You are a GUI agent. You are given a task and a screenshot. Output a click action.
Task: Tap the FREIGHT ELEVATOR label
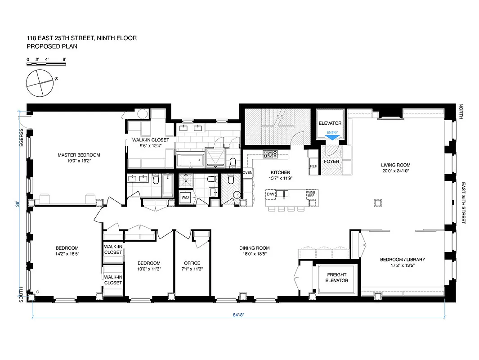(x=337, y=277)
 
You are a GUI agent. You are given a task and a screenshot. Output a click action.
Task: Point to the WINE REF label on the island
(x=311, y=194)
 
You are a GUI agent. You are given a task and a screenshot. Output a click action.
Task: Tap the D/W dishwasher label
(x=271, y=194)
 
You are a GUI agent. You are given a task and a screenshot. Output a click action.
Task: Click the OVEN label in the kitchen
(x=247, y=172)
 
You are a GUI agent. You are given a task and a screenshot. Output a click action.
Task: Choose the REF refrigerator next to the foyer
(x=313, y=166)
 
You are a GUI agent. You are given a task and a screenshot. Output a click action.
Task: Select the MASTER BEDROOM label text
(x=79, y=155)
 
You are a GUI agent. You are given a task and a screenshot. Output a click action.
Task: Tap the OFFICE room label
(x=192, y=263)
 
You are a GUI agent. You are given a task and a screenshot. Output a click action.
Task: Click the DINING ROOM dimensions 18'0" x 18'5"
(x=255, y=254)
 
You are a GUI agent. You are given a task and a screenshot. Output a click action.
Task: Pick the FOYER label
(x=331, y=161)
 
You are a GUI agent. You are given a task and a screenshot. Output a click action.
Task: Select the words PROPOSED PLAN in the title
(x=49, y=46)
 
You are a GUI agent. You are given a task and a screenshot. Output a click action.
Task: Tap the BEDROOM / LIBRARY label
(x=402, y=260)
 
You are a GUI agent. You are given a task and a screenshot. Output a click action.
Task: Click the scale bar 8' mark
(x=65, y=59)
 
